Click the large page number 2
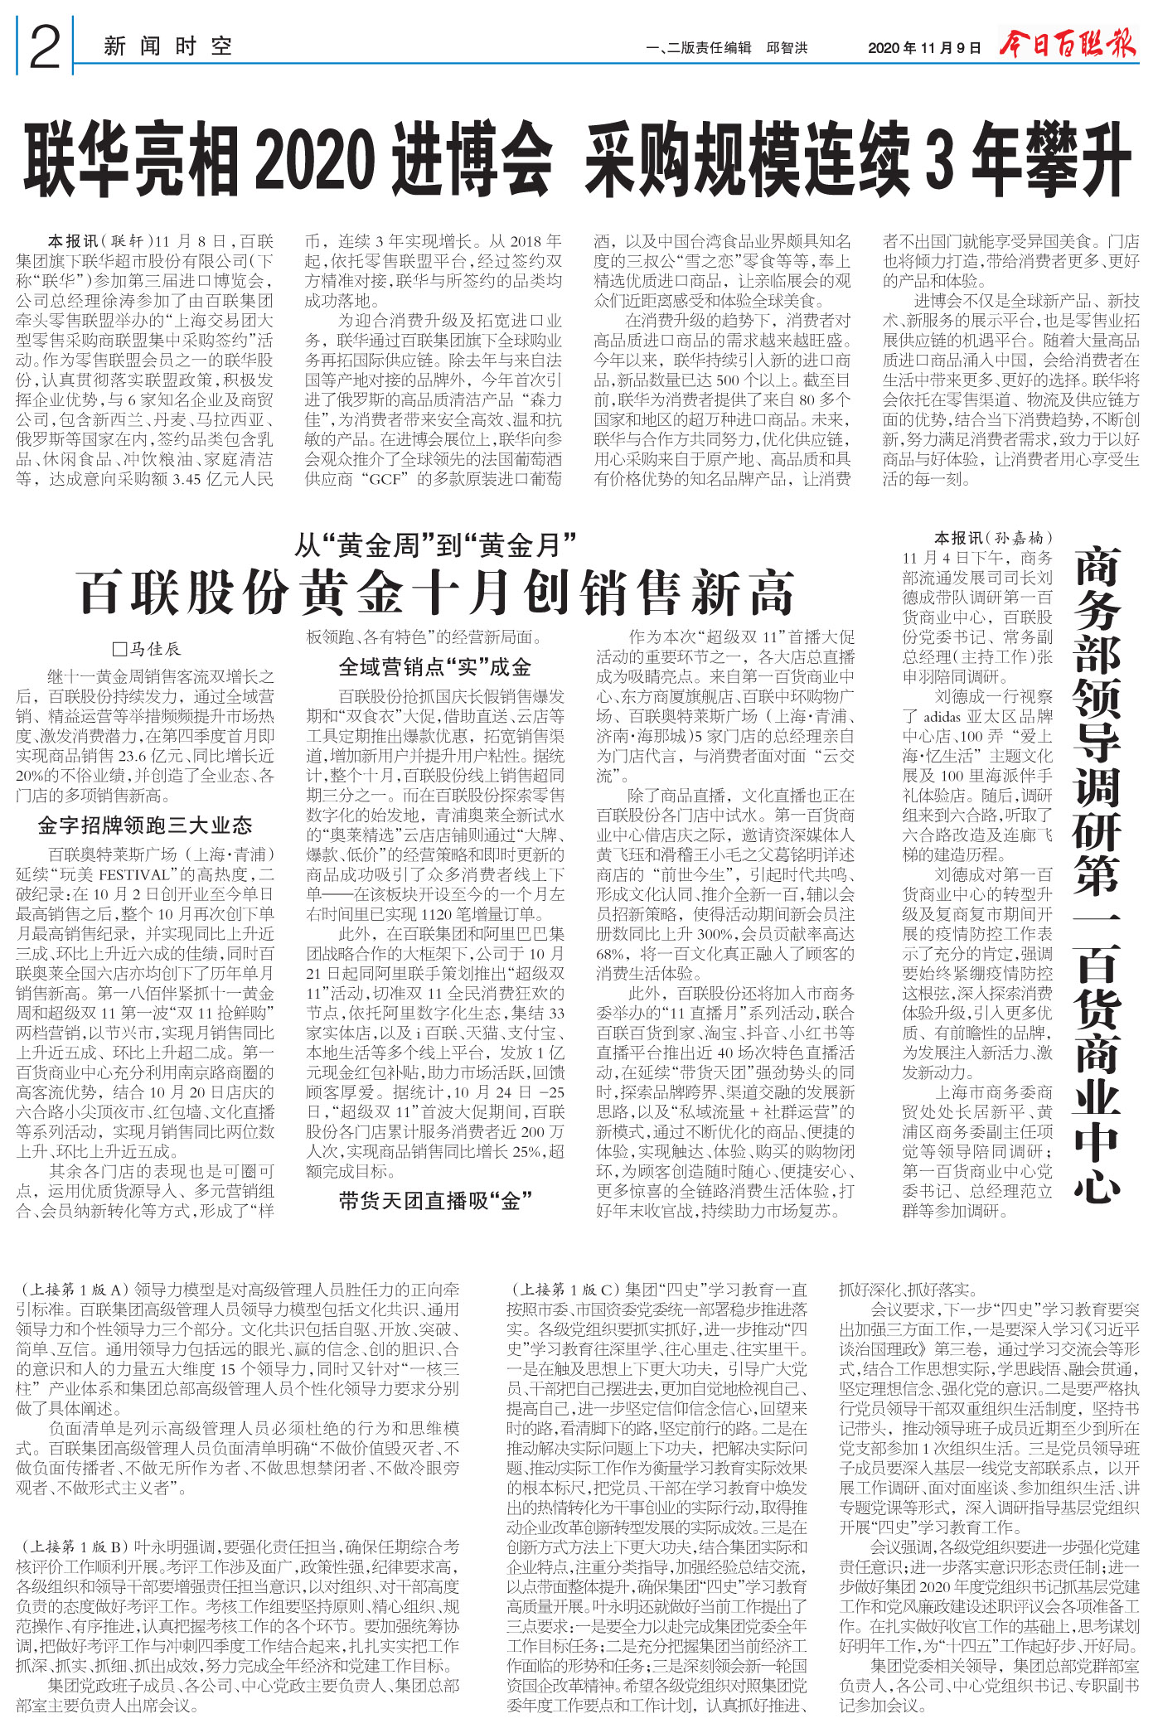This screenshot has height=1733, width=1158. (45, 46)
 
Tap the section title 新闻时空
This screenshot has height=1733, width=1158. (167, 46)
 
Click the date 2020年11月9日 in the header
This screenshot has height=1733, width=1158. (924, 48)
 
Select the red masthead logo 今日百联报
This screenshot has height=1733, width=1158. (1068, 45)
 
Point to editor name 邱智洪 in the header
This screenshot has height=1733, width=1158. (787, 48)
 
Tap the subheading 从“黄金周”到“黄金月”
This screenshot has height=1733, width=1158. (436, 545)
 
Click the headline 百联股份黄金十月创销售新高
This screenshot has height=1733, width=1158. (436, 593)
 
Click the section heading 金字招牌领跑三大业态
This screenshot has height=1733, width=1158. (145, 825)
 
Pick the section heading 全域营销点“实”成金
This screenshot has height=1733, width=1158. (435, 667)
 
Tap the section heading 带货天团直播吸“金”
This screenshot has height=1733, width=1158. (435, 1201)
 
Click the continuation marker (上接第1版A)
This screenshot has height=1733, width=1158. (74, 1290)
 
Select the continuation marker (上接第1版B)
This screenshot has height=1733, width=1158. (74, 1547)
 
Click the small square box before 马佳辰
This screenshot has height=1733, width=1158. (119, 649)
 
